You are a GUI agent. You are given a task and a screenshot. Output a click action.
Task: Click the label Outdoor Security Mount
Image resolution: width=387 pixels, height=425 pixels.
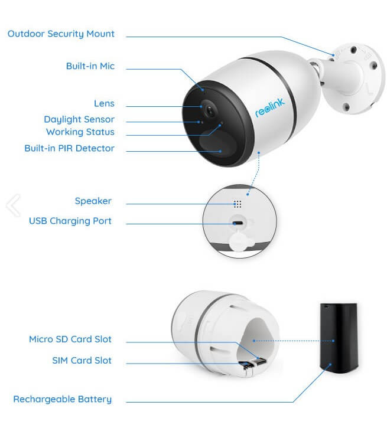(x=61, y=34)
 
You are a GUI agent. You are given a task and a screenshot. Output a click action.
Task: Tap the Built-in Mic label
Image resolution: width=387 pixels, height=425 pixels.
(x=90, y=66)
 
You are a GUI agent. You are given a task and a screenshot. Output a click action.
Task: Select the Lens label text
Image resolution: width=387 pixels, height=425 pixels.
(x=104, y=104)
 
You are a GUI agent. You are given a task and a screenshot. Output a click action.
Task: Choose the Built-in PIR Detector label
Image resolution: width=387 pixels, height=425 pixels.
(x=69, y=148)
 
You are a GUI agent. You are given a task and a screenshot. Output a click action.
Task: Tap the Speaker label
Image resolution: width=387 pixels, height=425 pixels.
(x=93, y=201)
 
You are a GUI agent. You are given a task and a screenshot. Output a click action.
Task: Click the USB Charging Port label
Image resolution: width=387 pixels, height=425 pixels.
(x=70, y=221)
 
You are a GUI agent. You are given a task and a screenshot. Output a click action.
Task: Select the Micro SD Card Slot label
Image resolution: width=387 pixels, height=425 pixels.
(x=70, y=339)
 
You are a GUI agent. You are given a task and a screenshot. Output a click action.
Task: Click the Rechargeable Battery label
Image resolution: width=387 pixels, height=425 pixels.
(x=62, y=399)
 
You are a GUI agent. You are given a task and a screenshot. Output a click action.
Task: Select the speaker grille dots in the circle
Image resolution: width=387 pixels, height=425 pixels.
(x=238, y=204)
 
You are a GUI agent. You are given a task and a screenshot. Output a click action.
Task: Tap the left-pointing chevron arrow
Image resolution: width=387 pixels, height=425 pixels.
(x=13, y=205)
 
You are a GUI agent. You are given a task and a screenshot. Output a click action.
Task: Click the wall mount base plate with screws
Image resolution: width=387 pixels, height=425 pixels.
(x=356, y=80)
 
